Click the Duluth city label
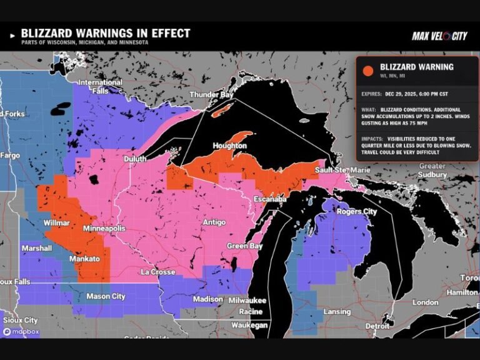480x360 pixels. pyautogui.click(x=136, y=159)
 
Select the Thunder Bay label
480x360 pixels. pyautogui.click(x=211, y=95)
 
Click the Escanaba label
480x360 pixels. pyautogui.click(x=270, y=199)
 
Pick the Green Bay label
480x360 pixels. pyautogui.click(x=244, y=246)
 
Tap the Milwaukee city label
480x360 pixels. pyautogui.click(x=247, y=301)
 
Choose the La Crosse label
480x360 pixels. pyautogui.click(x=158, y=272)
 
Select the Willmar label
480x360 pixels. pyautogui.click(x=56, y=223)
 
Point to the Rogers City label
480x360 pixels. pyautogui.click(x=357, y=212)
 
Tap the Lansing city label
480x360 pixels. pyautogui.click(x=337, y=311)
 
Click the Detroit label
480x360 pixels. pyautogui.click(x=377, y=326)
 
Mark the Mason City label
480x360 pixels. pyautogui.click(x=106, y=296)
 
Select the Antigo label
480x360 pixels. pyautogui.click(x=214, y=222)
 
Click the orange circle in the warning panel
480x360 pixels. pyautogui.click(x=369, y=71)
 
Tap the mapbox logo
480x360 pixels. pyautogui.click(x=20, y=332)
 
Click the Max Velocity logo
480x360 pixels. pyautogui.click(x=439, y=36)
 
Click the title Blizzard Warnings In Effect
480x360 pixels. pyautogui.click(x=106, y=33)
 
